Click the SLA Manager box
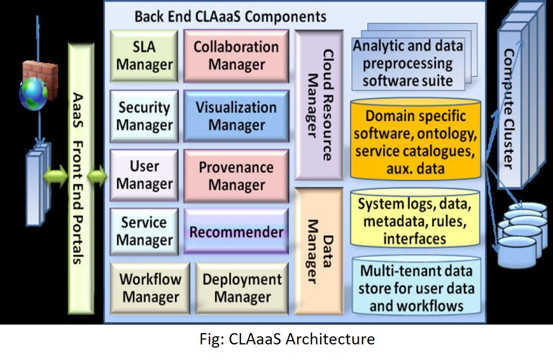(144, 56)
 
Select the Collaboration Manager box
(236, 56)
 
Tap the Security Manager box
(144, 116)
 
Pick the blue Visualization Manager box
(236, 116)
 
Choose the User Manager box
(144, 175)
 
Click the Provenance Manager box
(236, 176)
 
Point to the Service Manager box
(144, 232)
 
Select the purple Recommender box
(236, 232)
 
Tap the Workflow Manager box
(150, 288)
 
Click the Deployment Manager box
(242, 288)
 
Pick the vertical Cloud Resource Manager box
(319, 105)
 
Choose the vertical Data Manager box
(319, 251)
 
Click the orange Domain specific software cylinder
(416, 140)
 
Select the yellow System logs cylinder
(415, 219)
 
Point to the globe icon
(33, 94)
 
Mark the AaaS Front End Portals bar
(81, 178)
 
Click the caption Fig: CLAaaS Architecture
(287, 339)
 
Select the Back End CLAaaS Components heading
(230, 17)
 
